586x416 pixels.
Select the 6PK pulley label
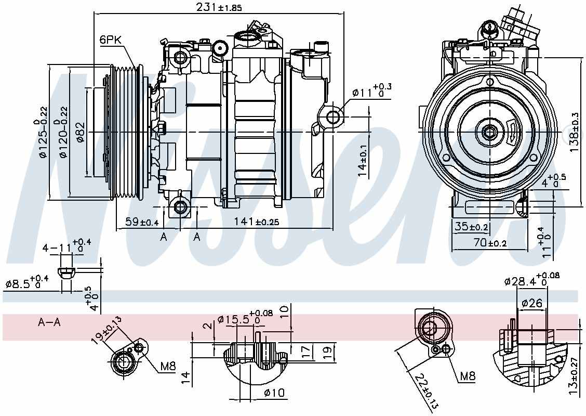110,40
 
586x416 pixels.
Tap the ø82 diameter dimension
80,133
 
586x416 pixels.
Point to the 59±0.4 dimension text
142,222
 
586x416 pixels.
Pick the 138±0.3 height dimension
574,133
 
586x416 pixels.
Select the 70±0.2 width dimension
479,242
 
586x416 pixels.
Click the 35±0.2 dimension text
471,227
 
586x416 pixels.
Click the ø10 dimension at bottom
274,393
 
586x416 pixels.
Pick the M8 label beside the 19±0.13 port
167,367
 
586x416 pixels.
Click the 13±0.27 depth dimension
573,374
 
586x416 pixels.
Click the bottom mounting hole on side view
180,207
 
